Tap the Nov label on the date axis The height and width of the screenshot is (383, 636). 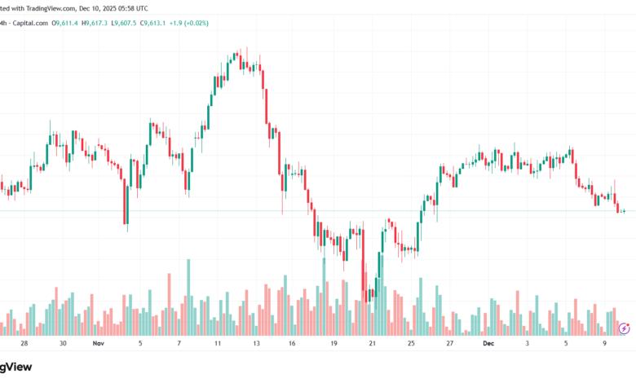coord(99,344)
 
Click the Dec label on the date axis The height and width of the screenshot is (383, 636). coord(488,344)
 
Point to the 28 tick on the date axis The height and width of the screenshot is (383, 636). coord(24,344)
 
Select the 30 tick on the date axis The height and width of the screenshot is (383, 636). coord(63,344)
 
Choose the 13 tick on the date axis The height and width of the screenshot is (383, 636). coord(256,344)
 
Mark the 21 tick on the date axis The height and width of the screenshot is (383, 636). coord(373,344)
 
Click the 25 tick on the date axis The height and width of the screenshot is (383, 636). coord(411,344)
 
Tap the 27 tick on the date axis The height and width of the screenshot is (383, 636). coord(450,344)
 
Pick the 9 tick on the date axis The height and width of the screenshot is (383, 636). coord(605,344)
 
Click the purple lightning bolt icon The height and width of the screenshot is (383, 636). coord(624,328)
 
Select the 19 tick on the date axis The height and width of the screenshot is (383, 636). coord(333,344)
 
